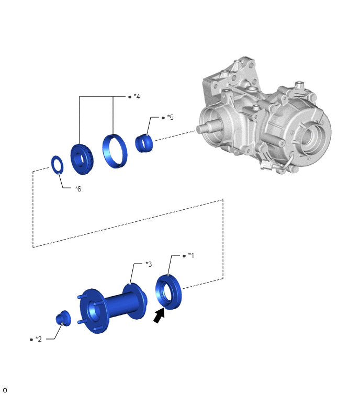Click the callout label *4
137,96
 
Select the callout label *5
170,117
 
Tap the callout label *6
78,189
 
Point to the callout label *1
191,256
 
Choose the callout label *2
39,340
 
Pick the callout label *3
149,264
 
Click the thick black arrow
159,316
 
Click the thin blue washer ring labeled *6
58,165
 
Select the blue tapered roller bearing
82,159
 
